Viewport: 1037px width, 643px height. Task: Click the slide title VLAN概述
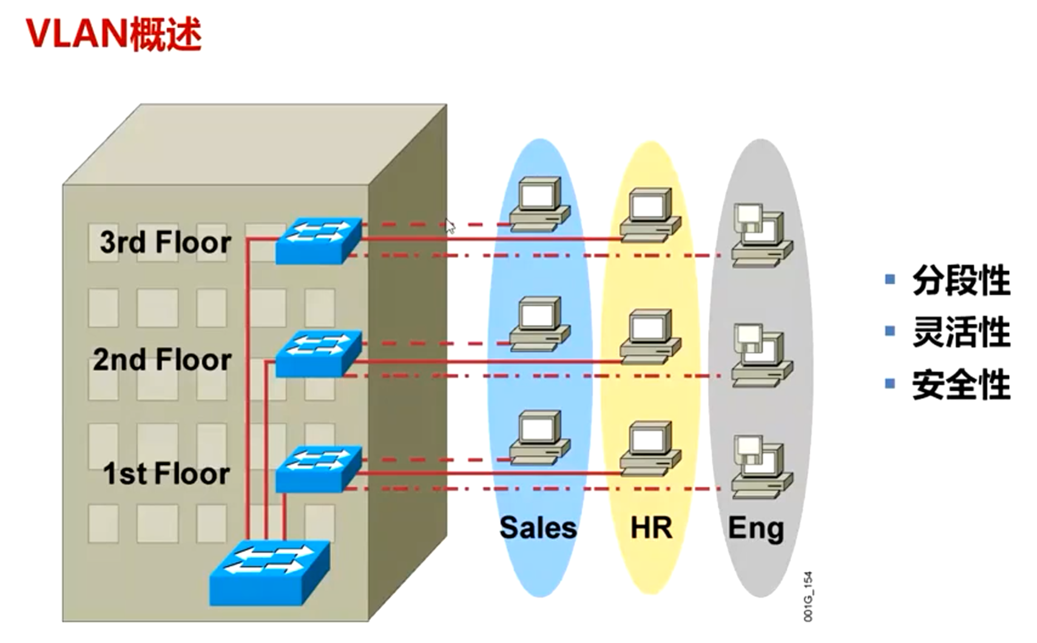[114, 34]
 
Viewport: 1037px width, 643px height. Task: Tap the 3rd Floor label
[165, 242]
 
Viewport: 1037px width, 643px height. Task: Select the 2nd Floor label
[162, 359]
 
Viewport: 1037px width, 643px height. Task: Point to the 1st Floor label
[166, 474]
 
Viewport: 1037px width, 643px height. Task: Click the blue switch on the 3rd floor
[319, 241]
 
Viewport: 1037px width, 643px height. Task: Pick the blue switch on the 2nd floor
[319, 353]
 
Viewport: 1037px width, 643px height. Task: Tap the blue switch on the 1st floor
[319, 469]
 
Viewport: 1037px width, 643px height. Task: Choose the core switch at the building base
[270, 573]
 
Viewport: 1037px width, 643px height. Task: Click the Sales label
[538, 528]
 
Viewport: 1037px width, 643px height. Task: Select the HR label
[651, 528]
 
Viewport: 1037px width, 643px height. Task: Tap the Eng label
[756, 529]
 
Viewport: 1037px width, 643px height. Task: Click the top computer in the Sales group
[540, 204]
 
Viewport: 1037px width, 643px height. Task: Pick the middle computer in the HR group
[650, 337]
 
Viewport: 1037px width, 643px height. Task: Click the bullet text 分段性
[961, 281]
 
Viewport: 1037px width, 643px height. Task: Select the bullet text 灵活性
[961, 332]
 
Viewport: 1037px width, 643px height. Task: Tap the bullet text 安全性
[961, 384]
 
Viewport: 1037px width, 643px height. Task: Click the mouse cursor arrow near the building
[450, 226]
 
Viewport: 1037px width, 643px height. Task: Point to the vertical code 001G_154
[808, 596]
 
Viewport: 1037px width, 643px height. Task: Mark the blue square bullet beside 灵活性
[890, 331]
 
